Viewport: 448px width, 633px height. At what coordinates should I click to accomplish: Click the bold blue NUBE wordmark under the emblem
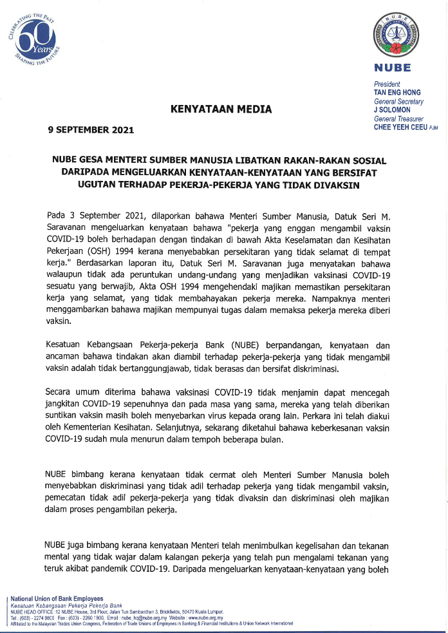pyautogui.click(x=392, y=68)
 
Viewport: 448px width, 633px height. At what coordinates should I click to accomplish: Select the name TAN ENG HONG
pyautogui.click(x=397, y=93)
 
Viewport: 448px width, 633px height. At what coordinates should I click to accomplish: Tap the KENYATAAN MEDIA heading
pyautogui.click(x=221, y=109)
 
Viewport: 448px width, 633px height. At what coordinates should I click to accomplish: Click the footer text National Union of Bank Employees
pyautogui.click(x=57, y=598)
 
